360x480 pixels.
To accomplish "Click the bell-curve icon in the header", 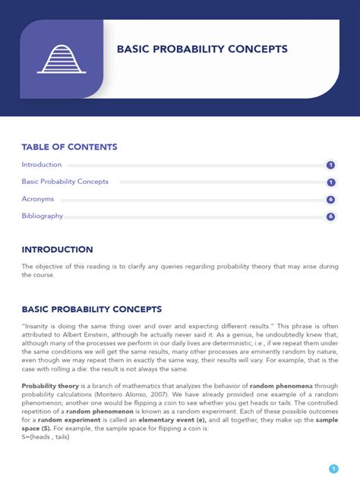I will point(62,58).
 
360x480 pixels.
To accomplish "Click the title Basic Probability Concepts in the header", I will point(202,49).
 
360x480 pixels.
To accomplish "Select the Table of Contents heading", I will point(69,147).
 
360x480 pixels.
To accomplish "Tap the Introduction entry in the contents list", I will point(42,165).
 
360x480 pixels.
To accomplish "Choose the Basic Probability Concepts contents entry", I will point(65,182).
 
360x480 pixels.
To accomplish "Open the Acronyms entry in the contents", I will point(37,199).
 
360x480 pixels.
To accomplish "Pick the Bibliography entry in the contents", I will point(42,216).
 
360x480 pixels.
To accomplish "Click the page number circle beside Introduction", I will point(331,165).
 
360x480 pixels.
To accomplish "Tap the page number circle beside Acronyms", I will point(331,199).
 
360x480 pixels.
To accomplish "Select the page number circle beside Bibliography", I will point(331,216).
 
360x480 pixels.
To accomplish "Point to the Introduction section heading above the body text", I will point(57,249).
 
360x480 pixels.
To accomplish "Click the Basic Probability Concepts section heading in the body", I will point(91,309).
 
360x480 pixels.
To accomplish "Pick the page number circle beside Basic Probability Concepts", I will point(331,182).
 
